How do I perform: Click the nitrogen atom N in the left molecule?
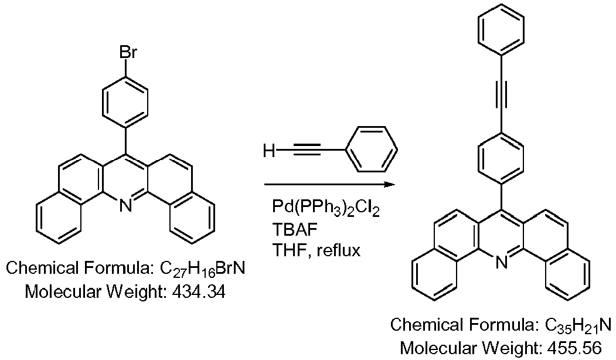125,205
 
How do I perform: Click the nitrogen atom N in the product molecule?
501,262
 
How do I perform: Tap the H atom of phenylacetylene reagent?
269,150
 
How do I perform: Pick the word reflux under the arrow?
338,250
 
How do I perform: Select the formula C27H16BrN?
202,269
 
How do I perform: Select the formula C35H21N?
578,325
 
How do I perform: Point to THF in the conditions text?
290,250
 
